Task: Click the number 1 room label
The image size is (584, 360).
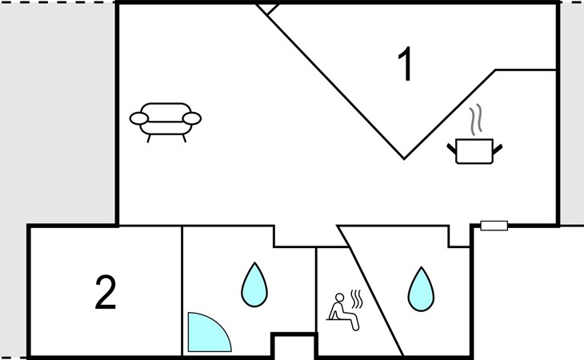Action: [x=406, y=63]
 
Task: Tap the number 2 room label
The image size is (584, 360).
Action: [x=106, y=292]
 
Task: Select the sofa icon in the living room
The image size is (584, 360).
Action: [x=166, y=122]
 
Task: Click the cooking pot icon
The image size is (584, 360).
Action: [x=474, y=150]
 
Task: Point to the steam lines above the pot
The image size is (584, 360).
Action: [x=476, y=119]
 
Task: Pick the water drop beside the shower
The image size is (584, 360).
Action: [x=254, y=285]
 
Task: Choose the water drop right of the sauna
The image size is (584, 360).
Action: [x=422, y=290]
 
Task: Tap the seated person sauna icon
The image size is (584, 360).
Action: [x=344, y=311]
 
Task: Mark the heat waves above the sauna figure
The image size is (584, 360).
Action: [x=357, y=298]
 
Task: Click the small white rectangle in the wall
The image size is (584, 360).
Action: [x=494, y=226]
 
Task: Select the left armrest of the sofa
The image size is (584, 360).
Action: [x=139, y=118]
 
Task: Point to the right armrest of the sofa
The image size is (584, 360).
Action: [x=192, y=118]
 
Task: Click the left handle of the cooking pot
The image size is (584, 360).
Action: [x=451, y=149]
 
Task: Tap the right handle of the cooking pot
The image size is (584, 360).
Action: [x=498, y=149]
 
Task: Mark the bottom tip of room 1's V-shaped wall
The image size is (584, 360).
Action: [x=405, y=159]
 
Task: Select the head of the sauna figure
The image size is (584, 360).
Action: [x=340, y=297]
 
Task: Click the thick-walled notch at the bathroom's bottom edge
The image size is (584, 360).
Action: [x=294, y=345]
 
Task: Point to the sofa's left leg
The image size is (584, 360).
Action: [x=149, y=138]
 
